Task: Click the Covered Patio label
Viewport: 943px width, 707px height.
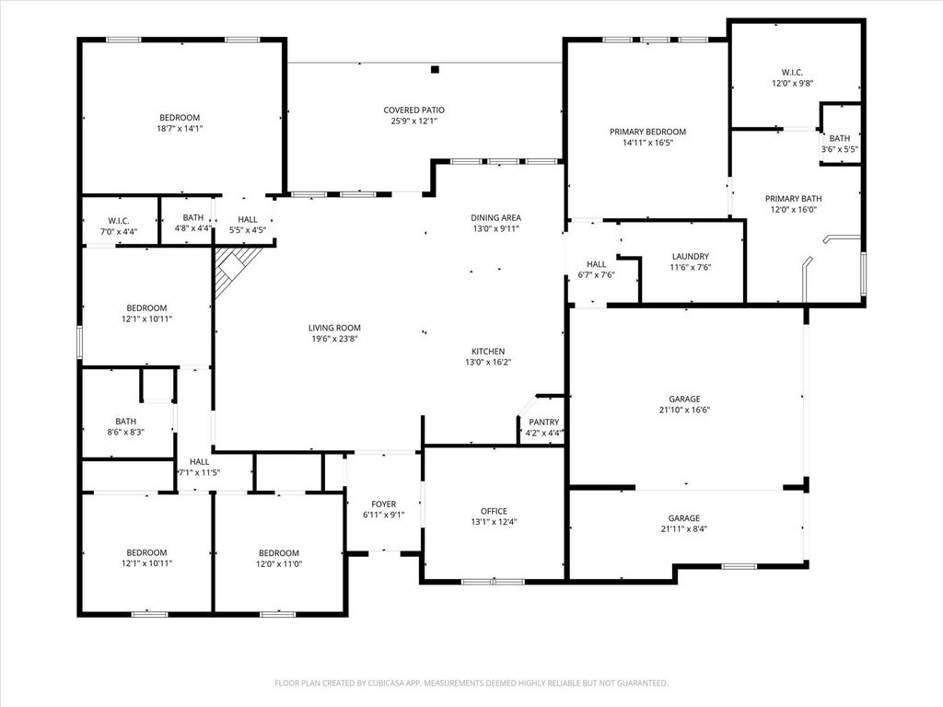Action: (413, 110)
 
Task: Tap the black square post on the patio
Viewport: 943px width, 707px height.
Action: (435, 70)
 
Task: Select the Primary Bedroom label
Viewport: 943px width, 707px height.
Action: (647, 132)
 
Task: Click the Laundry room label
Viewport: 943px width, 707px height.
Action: (691, 256)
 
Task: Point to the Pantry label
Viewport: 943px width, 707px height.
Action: (543, 422)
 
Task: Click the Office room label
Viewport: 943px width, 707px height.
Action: (494, 511)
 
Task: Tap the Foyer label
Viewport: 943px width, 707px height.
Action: (384, 504)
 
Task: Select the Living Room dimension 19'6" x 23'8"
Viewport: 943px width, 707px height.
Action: (334, 339)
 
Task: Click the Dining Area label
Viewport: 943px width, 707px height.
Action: (495, 217)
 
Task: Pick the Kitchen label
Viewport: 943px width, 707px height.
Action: (488, 351)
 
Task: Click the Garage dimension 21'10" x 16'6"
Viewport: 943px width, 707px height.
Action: (684, 410)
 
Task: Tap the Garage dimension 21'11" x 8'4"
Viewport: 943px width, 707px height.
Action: (684, 529)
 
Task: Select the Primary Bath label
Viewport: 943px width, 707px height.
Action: (793, 199)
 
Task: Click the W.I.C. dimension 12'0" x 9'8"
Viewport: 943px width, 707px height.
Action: (792, 84)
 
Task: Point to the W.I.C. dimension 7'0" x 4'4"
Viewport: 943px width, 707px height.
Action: (119, 231)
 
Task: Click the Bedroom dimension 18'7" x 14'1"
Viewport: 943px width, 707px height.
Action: (180, 128)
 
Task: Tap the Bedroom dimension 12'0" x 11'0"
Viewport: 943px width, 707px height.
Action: (278, 564)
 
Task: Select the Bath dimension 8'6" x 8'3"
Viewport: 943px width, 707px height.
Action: (125, 432)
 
